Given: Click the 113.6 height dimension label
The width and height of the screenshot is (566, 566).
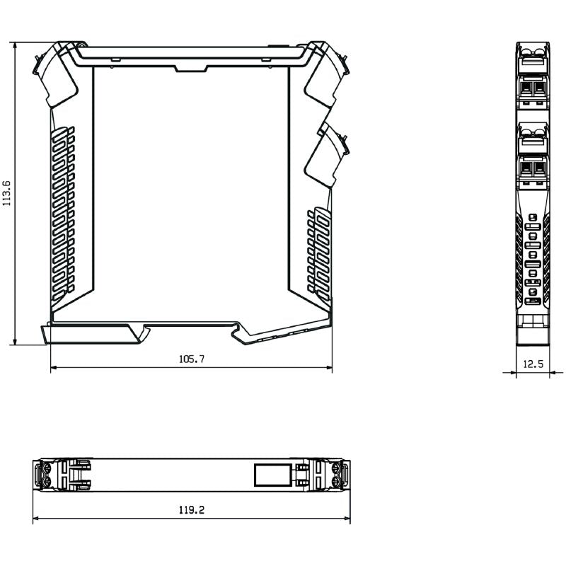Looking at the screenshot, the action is [7, 193].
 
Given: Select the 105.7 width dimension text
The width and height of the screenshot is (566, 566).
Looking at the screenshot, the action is [192, 359].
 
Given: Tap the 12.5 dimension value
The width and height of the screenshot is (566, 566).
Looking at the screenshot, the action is [533, 364].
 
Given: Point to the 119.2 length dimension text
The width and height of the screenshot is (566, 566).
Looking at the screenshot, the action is [192, 510].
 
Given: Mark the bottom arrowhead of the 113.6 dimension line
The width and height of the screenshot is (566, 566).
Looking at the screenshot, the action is [15, 341].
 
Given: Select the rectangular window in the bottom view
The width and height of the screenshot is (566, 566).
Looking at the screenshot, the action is [272, 475].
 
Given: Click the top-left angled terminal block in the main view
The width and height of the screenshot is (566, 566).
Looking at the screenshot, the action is [56, 74].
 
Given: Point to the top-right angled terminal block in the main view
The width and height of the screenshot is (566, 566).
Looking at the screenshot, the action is [326, 74].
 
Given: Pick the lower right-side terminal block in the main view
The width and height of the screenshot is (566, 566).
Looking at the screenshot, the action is [327, 155].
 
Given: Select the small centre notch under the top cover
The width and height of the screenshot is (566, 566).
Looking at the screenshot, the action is [191, 69].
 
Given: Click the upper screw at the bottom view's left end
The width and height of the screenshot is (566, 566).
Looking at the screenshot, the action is [47, 468].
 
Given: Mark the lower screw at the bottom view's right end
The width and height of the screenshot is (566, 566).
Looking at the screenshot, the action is [335, 482].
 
